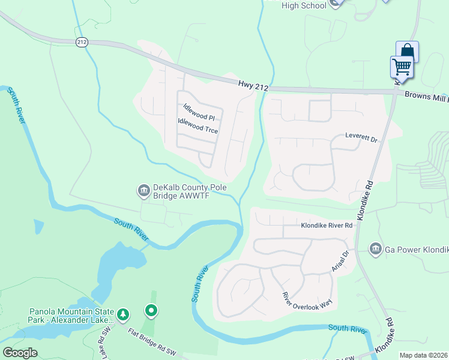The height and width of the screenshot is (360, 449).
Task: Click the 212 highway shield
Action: (82, 42)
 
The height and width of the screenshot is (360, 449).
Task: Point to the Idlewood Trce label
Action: (198, 125)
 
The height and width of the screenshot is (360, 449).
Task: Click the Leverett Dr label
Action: (361, 137)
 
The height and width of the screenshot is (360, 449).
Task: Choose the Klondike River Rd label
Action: (326, 226)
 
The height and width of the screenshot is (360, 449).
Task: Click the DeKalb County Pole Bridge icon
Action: (143, 191)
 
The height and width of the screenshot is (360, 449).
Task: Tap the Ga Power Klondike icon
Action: (376, 248)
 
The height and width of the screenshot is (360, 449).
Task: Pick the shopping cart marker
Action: (401, 67)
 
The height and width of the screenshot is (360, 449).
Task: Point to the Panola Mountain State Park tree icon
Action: (123, 314)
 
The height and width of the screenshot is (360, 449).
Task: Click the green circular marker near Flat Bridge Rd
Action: (151, 311)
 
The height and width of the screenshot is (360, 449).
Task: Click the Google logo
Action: (20, 353)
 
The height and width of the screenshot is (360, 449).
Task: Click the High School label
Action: (304, 5)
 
